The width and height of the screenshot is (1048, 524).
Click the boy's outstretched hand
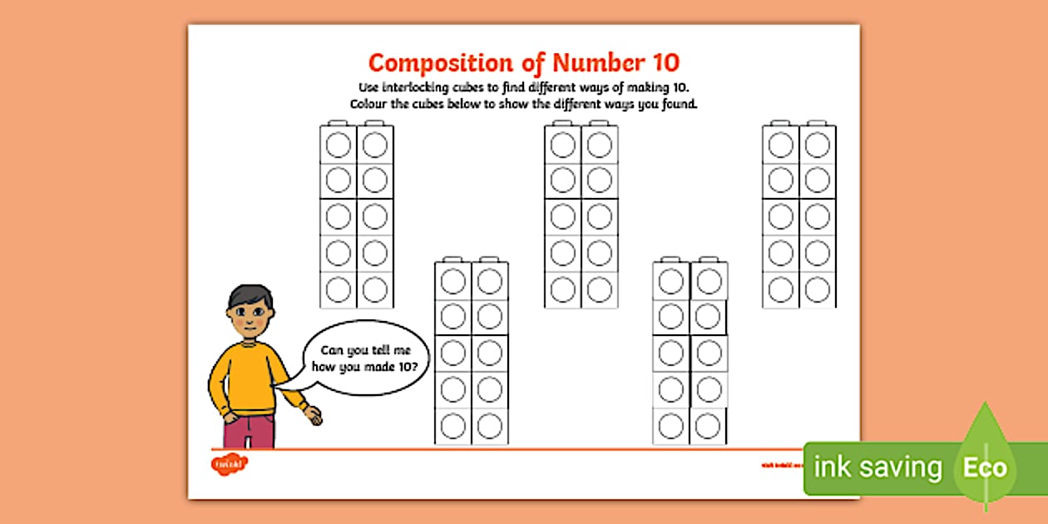coord(314,415)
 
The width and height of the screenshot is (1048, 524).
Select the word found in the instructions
coord(679,105)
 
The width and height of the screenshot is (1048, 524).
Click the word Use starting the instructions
coord(369,87)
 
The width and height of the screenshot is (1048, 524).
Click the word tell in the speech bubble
coord(395,351)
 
